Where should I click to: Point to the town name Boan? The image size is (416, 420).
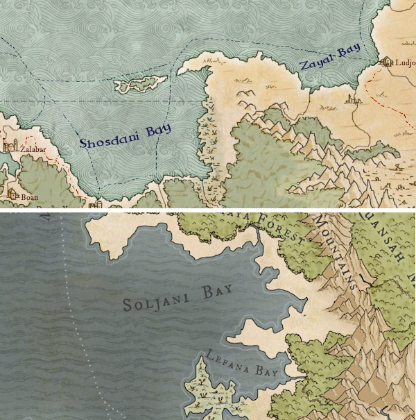click(29, 197)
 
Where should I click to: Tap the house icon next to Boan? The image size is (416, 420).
click(12, 195)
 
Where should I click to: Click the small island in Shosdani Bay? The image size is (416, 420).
click(140, 85)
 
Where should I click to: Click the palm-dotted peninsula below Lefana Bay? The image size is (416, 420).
click(211, 389)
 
